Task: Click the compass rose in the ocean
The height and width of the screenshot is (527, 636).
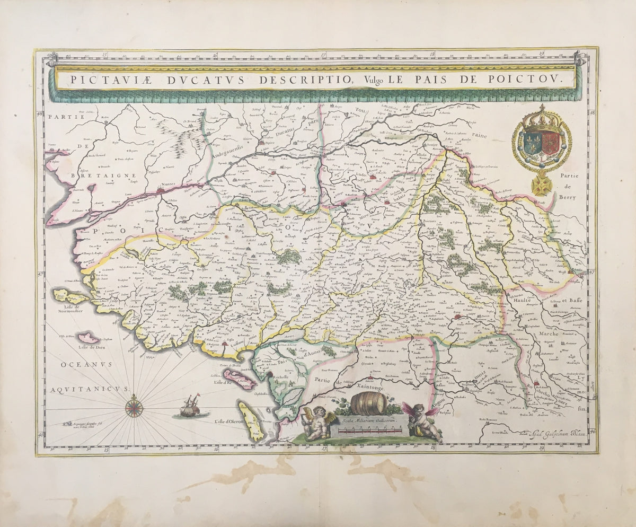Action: click(x=134, y=407)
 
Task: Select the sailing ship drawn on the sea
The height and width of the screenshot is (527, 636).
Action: click(x=190, y=406)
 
